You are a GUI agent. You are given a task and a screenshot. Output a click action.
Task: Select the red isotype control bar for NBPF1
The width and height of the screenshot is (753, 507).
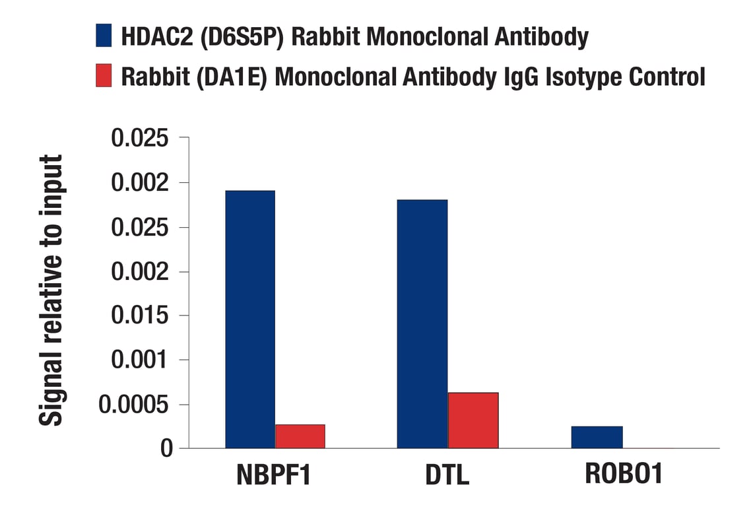click(300, 436)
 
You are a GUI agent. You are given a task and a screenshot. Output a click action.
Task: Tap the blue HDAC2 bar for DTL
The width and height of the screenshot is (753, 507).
click(422, 323)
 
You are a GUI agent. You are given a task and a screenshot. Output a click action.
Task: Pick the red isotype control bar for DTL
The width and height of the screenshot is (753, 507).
click(473, 421)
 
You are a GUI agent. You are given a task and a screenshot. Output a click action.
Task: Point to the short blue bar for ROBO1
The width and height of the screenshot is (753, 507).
click(597, 437)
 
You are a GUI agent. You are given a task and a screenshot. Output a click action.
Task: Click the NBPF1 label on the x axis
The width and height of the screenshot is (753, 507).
click(273, 475)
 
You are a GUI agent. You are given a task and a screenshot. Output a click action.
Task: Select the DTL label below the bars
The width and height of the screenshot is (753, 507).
click(447, 475)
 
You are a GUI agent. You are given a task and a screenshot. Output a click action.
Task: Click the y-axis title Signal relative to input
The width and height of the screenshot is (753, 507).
click(51, 290)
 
